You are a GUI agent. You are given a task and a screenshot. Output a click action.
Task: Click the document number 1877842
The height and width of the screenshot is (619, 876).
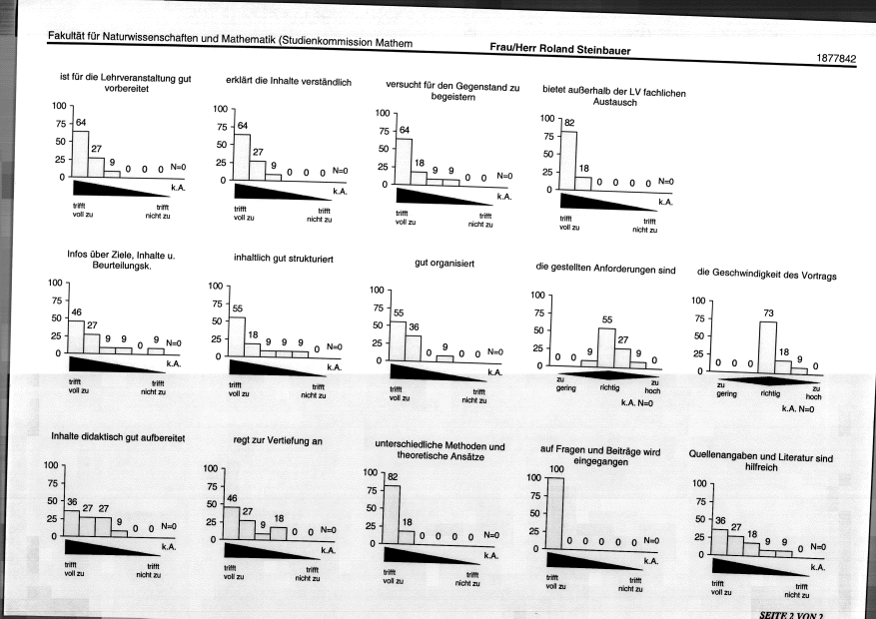click(x=836, y=58)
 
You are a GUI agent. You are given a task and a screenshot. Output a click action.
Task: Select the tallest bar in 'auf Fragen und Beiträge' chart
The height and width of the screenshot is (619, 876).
click(x=554, y=513)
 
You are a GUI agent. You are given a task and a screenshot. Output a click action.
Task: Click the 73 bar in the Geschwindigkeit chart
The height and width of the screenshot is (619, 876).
click(x=767, y=347)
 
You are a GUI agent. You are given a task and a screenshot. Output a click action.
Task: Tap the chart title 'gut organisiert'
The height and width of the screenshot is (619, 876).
click(x=444, y=263)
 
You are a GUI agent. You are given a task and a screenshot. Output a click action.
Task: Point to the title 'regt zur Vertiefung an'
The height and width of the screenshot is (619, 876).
click(x=278, y=440)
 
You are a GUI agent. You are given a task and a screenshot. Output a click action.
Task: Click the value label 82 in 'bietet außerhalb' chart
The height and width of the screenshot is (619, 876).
click(x=569, y=123)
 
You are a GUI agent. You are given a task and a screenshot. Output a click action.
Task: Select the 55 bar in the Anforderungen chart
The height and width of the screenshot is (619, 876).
click(x=606, y=347)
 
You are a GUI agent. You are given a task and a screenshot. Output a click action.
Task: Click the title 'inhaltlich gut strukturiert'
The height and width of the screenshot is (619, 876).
click(x=284, y=259)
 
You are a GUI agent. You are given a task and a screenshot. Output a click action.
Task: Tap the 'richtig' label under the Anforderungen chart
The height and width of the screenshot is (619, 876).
click(x=609, y=387)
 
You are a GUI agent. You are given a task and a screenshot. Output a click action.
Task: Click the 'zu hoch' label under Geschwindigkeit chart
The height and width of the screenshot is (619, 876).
click(x=813, y=392)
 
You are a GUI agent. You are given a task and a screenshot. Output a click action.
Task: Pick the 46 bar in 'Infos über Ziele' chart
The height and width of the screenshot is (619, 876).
click(x=76, y=336)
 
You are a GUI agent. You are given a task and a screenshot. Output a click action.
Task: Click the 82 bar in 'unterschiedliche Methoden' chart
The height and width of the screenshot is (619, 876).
click(x=392, y=514)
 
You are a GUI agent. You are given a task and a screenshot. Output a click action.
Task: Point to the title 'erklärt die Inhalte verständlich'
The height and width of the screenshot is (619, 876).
click(x=289, y=81)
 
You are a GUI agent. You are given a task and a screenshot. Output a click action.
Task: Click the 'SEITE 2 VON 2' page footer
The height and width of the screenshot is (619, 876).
click(x=791, y=615)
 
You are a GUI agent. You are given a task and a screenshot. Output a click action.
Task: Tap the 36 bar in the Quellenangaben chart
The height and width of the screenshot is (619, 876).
click(x=719, y=542)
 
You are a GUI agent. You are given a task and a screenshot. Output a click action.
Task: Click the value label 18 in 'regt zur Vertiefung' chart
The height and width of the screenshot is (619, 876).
click(x=279, y=518)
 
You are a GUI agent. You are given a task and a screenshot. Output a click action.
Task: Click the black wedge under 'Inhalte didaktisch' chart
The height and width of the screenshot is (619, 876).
click(x=113, y=547)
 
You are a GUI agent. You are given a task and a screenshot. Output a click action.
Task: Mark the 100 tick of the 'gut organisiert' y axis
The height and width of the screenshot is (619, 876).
click(x=377, y=290)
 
